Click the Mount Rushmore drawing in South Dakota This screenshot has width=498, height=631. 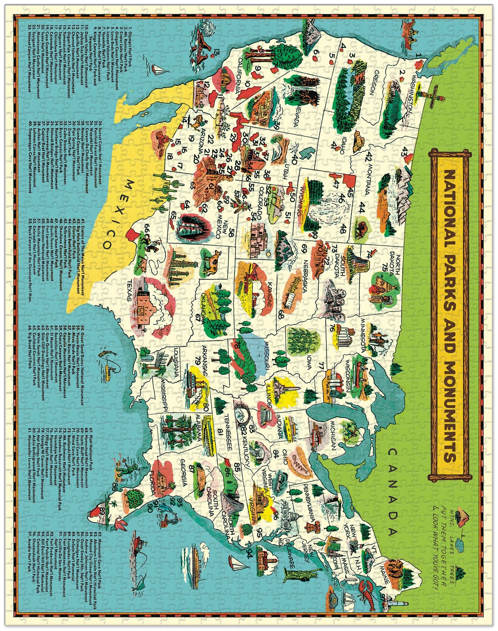click(334, 300)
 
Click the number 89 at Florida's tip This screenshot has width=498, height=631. click(105, 511)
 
